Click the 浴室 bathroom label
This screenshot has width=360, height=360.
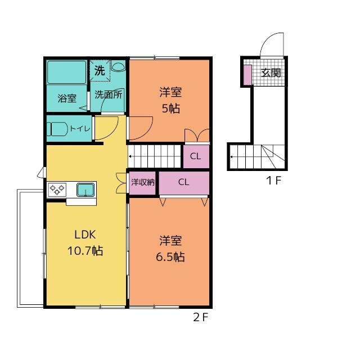click(67, 98)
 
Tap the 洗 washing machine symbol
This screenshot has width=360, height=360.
click(100, 70)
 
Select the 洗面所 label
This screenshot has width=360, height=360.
click(109, 94)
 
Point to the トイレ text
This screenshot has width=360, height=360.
click(80, 128)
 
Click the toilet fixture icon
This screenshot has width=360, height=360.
click(57, 129)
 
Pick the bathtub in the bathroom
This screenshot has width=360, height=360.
click(66, 72)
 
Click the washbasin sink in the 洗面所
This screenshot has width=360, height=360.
click(118, 66)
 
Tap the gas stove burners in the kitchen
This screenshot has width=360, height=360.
click(57, 190)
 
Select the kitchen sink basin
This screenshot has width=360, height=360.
click(85, 190)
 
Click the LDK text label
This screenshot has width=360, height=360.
click(85, 235)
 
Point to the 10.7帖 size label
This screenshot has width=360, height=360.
click(85, 250)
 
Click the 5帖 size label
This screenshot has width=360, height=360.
click(171, 109)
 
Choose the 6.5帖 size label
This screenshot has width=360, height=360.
click(170, 256)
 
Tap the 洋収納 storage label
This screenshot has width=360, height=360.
click(142, 182)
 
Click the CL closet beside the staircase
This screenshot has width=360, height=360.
click(196, 156)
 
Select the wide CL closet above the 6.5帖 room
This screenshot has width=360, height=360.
click(184, 183)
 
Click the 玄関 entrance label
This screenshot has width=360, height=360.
click(271, 73)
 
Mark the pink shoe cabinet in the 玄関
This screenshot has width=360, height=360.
click(247, 75)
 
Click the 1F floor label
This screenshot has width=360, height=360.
click(274, 181)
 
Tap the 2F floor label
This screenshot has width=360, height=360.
click(201, 317)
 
